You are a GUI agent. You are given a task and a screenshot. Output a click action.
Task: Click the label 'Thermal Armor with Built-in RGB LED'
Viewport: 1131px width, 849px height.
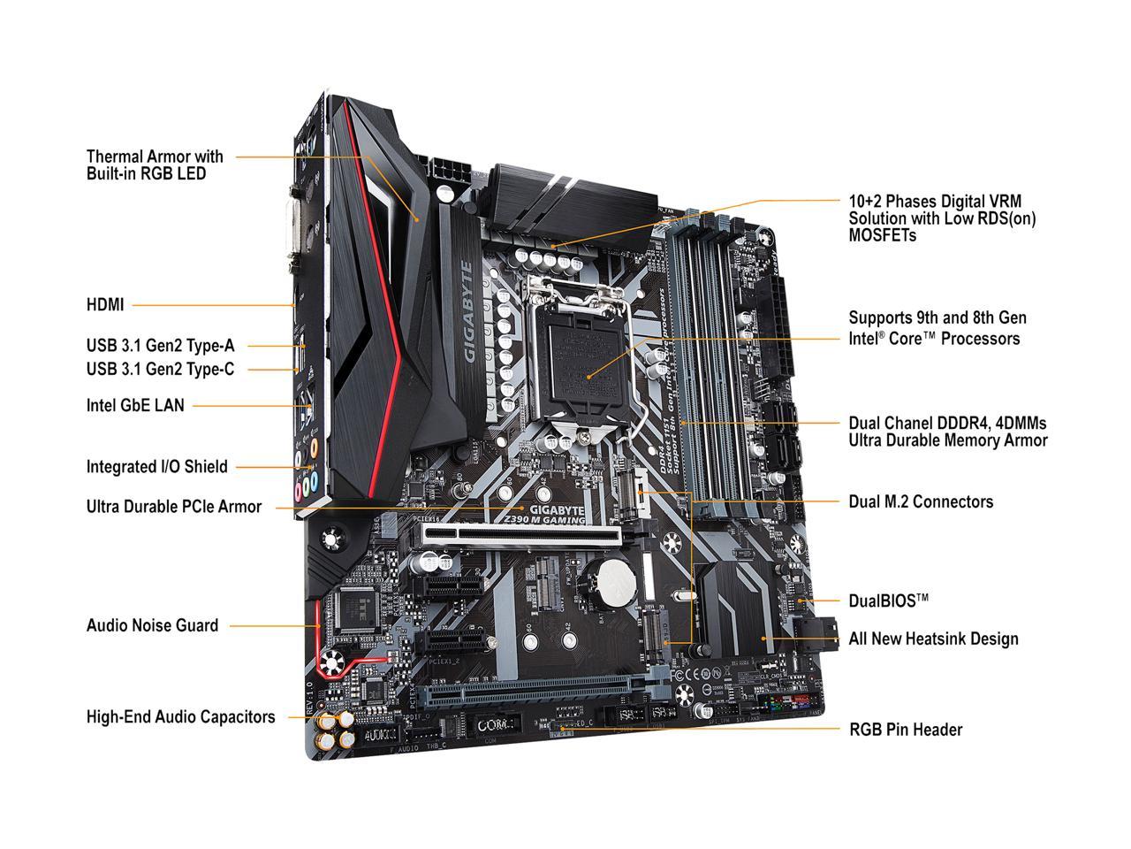coord(155,165)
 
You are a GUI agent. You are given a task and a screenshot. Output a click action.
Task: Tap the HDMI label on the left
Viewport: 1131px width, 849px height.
coord(105,305)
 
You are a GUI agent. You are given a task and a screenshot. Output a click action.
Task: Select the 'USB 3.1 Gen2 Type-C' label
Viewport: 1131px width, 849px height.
coord(160,369)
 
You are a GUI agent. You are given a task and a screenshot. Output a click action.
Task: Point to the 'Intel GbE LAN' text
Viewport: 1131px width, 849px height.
coord(135,406)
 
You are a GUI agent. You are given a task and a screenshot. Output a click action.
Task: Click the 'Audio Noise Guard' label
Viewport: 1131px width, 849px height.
coord(152,625)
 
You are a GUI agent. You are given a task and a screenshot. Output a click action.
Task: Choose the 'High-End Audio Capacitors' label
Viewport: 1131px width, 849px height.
coord(180,717)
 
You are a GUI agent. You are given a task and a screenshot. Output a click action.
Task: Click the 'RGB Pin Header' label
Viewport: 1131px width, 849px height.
coord(905,730)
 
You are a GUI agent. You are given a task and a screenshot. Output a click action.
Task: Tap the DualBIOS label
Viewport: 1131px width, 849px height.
coord(888,600)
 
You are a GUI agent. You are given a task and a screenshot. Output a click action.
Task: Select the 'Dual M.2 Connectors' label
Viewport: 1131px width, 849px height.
coord(921,501)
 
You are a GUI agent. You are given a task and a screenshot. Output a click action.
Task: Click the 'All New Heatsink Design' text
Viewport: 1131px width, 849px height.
coord(933,639)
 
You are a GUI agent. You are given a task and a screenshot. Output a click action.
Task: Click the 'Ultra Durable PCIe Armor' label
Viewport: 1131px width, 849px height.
coord(173,507)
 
